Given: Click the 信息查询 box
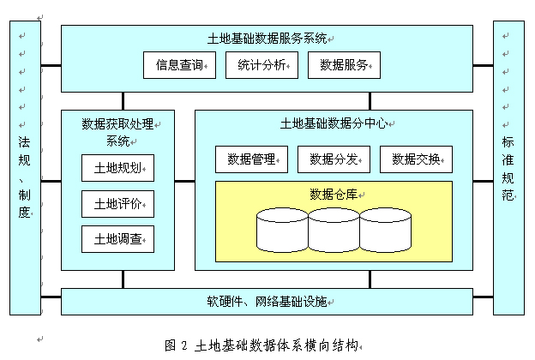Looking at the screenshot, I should click(179, 66).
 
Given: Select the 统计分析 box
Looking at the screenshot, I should click(261, 66).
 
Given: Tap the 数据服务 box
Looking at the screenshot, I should click(344, 66).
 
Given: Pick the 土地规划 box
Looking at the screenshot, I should click(118, 168).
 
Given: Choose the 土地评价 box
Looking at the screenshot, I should click(118, 204).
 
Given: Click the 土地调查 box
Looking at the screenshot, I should click(118, 240).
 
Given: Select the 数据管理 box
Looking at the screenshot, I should click(251, 159).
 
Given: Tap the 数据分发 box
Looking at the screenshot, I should click(334, 159).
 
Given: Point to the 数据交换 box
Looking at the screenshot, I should click(416, 159).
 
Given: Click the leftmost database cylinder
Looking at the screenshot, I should click(283, 229).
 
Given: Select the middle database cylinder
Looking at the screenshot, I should click(334, 229).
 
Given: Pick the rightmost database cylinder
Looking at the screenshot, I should click(386, 229).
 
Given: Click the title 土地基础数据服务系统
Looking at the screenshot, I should click(267, 38).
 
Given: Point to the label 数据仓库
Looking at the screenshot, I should click(333, 194).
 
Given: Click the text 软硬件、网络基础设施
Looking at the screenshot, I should click(267, 302).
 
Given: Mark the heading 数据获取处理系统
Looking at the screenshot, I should click(117, 131).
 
